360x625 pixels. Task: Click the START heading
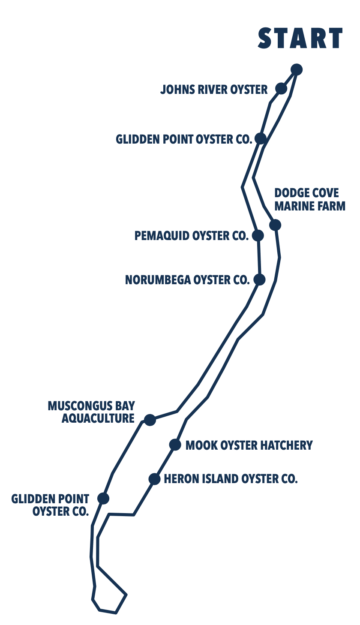(x=300, y=38)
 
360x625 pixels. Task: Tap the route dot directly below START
(x=297, y=69)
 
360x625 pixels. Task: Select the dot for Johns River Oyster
(x=281, y=88)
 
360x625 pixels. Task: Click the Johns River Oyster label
(x=213, y=90)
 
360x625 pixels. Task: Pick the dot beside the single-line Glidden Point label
(x=261, y=138)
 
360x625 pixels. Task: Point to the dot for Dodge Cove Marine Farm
(x=275, y=225)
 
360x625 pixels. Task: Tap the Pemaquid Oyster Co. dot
(x=258, y=235)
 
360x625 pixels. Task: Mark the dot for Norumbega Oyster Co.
(x=259, y=279)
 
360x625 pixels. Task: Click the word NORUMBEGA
(x=158, y=280)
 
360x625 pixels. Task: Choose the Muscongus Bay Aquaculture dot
(x=150, y=420)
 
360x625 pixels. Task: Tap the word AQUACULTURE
(x=98, y=418)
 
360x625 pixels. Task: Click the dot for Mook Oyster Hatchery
(x=175, y=445)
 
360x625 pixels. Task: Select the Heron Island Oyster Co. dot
(x=154, y=479)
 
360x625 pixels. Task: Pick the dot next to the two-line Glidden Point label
(x=103, y=498)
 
